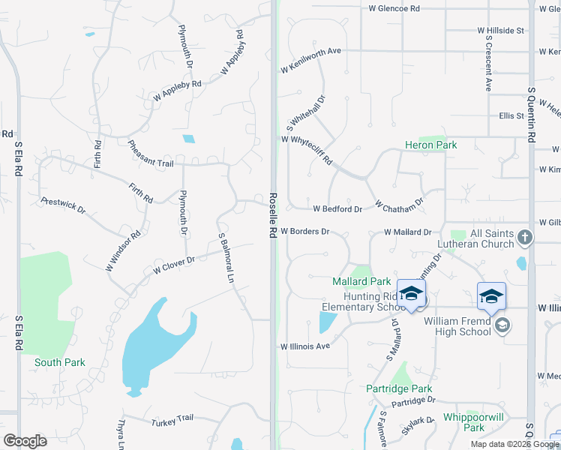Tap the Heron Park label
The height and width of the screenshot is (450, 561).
(x=430, y=145)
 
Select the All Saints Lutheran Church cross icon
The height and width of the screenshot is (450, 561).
(x=525, y=238)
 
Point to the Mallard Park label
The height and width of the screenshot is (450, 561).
(x=361, y=281)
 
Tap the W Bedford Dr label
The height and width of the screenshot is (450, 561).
(x=337, y=208)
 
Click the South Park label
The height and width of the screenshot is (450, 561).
(x=59, y=362)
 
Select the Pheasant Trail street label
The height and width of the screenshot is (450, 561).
(x=150, y=153)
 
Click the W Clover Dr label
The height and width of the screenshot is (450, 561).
(x=174, y=264)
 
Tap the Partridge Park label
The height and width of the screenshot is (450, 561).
(x=399, y=388)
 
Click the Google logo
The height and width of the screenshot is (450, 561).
(x=25, y=441)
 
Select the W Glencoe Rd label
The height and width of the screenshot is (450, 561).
(x=394, y=8)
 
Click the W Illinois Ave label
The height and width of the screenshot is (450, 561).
(x=305, y=346)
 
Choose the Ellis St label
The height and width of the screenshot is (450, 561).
(x=511, y=116)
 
